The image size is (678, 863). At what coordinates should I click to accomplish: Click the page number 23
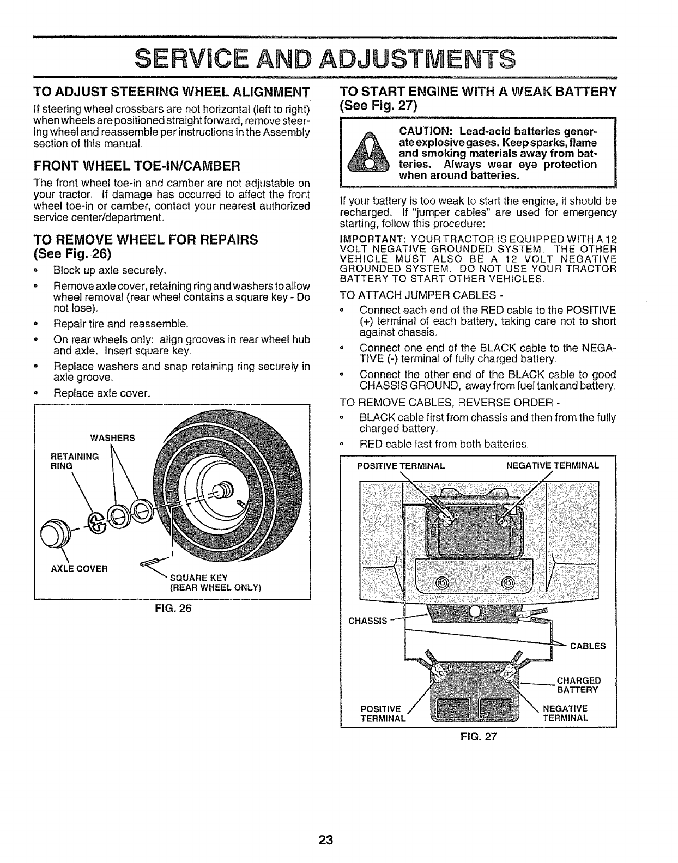pyautogui.click(x=325, y=840)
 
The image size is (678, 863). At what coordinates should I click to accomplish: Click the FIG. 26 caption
pyautogui.click(x=172, y=609)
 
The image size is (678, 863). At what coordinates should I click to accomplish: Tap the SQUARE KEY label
pyautogui.click(x=199, y=578)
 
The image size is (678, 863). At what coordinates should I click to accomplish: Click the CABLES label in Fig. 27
pyautogui.click(x=588, y=646)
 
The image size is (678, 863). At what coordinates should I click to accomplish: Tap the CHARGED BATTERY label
pyautogui.click(x=578, y=685)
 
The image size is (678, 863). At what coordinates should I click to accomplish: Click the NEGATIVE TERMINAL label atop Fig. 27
pyautogui.click(x=552, y=466)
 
